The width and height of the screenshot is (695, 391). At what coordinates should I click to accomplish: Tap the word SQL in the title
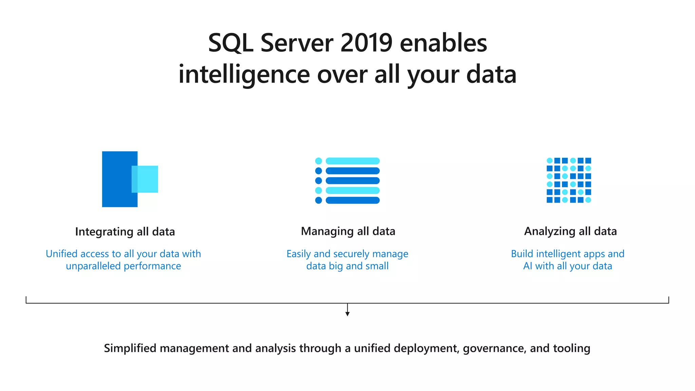pyautogui.click(x=230, y=43)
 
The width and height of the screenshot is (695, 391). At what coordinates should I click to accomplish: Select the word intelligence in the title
pyautogui.click(x=244, y=75)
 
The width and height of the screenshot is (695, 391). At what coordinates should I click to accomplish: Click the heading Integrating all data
pyautogui.click(x=125, y=231)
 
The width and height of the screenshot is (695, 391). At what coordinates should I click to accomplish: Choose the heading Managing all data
pyautogui.click(x=348, y=231)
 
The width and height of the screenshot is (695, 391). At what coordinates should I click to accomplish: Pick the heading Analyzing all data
pyautogui.click(x=570, y=231)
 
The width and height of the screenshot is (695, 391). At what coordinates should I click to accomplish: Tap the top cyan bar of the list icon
pyautogui.click(x=352, y=161)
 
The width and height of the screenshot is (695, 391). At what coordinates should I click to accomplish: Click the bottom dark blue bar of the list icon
pyautogui.click(x=352, y=200)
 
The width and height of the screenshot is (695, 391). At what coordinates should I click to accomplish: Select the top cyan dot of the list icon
pyautogui.click(x=318, y=161)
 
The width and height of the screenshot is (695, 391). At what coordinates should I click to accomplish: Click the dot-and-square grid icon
pyautogui.click(x=569, y=180)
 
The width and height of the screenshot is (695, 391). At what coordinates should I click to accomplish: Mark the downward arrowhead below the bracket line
pyautogui.click(x=347, y=314)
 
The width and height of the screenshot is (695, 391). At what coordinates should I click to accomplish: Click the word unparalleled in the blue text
pyautogui.click(x=93, y=266)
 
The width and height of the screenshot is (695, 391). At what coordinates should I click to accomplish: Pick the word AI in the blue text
pyautogui.click(x=528, y=266)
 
